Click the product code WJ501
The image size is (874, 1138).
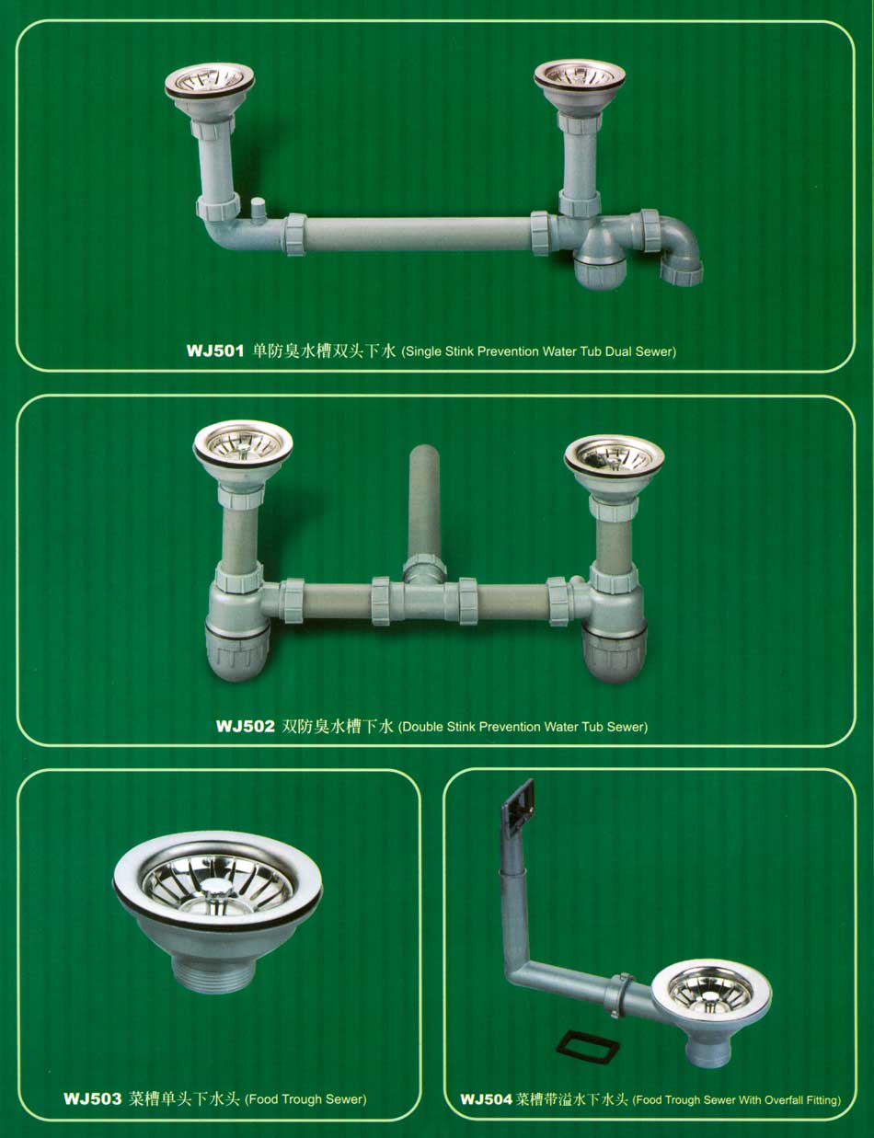click(x=215, y=351)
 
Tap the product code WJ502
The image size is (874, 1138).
click(x=245, y=727)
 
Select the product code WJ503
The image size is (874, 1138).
click(x=93, y=1098)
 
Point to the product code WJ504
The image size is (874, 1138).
click(x=486, y=1099)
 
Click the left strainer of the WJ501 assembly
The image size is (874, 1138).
click(x=210, y=81)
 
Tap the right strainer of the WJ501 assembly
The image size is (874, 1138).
click(x=580, y=78)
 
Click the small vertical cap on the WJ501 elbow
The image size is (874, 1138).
click(x=257, y=210)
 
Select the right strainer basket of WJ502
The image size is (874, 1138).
click(x=614, y=456)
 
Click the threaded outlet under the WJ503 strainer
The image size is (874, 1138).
click(x=215, y=975)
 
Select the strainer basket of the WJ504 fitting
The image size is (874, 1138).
click(x=712, y=990)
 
